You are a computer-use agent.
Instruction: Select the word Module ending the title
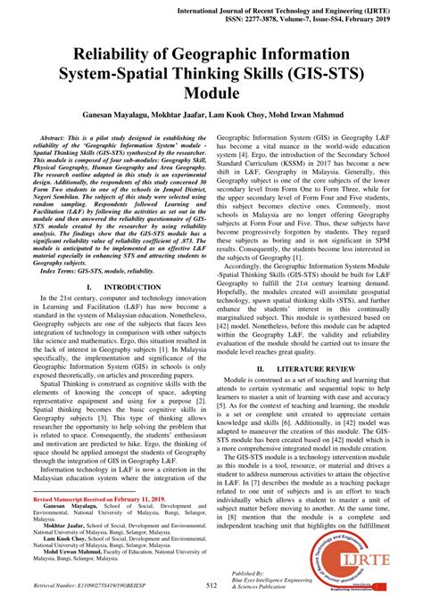pos(211,93)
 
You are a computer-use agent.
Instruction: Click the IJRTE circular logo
pos(375,551)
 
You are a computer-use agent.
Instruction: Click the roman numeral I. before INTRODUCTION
pos(89,287)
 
